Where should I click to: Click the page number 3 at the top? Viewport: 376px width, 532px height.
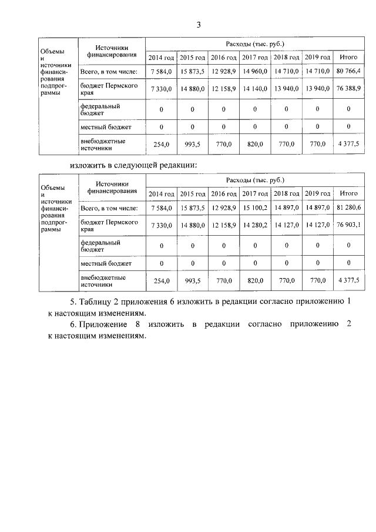click(x=198, y=25)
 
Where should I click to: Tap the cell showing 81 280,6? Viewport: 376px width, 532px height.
click(x=349, y=208)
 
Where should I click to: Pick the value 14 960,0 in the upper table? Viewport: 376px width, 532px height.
click(x=254, y=72)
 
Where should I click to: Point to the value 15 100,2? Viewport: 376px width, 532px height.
click(x=254, y=208)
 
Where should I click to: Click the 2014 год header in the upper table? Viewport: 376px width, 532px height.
click(x=161, y=58)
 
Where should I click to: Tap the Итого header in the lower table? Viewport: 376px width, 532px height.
click(x=349, y=193)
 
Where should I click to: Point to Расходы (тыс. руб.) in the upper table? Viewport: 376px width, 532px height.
click(x=254, y=45)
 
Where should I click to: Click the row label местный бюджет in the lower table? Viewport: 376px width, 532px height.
click(x=106, y=264)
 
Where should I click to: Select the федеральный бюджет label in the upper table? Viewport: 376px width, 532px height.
click(x=100, y=109)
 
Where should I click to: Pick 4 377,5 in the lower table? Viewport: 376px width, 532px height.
click(x=349, y=282)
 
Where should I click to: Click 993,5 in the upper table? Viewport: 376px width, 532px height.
click(x=192, y=145)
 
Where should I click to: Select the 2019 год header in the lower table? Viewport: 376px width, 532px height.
click(x=318, y=193)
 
